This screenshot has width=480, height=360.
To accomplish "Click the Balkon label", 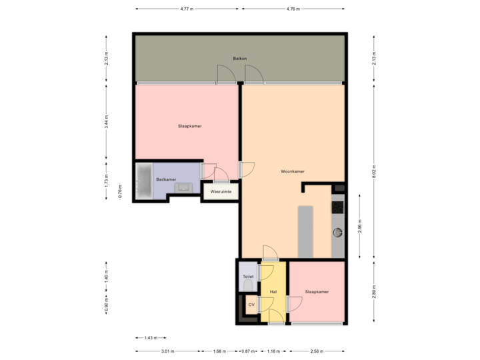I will pyautogui.click(x=240, y=59).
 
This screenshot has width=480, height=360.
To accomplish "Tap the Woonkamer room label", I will pyautogui.click(x=293, y=171).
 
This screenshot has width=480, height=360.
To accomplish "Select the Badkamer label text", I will pyautogui.click(x=166, y=179).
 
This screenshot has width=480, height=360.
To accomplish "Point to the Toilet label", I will pyautogui.click(x=248, y=276).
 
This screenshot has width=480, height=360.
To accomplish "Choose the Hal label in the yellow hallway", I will pyautogui.click(x=273, y=292).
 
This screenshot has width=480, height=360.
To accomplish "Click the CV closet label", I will pyautogui.click(x=251, y=305).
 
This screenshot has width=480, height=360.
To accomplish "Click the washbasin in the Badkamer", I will pyautogui.click(x=183, y=188).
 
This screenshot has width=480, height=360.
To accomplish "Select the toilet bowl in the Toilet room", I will pyautogui.click(x=248, y=286).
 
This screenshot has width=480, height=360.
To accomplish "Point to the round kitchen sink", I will pyautogui.click(x=338, y=233).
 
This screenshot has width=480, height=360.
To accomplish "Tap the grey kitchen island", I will pyautogui.click(x=305, y=231).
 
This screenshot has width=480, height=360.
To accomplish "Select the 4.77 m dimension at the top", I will pyautogui.click(x=187, y=9).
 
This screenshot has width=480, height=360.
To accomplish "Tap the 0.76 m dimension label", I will pyautogui.click(x=120, y=191).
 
